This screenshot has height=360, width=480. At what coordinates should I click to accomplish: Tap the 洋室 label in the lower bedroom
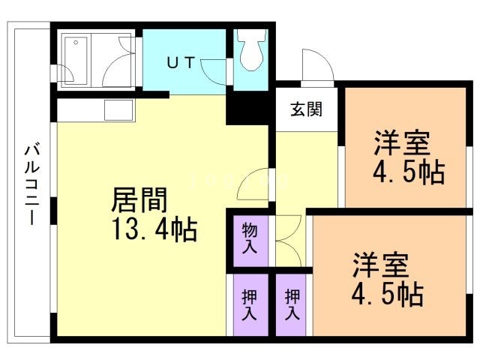click(x=381, y=266)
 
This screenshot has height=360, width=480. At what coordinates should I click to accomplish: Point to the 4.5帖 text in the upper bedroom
click(x=409, y=172)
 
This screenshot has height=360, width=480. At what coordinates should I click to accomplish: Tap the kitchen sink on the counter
click(x=118, y=110)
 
